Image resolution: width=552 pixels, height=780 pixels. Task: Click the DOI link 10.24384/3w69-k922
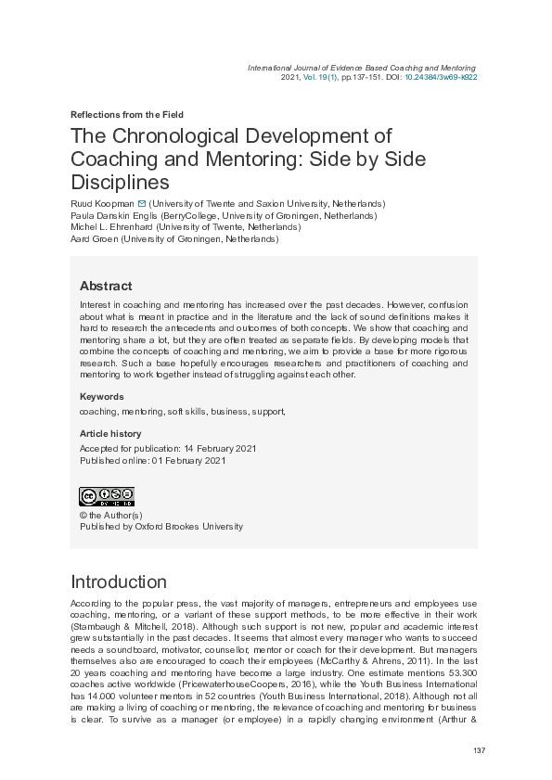tap(441, 78)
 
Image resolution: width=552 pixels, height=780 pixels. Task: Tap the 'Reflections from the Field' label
tap(128, 115)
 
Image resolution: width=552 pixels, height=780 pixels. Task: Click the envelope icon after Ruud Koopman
tap(141, 203)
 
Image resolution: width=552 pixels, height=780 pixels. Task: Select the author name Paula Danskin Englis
tap(114, 215)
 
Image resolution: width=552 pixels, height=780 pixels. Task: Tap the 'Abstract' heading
tap(106, 286)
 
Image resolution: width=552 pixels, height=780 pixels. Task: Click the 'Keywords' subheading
tap(102, 396)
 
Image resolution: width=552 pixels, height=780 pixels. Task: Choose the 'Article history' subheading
tap(110, 433)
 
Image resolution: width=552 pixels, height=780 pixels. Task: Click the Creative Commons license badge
tap(107, 496)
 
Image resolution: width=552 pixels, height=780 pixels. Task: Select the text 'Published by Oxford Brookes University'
tap(161, 526)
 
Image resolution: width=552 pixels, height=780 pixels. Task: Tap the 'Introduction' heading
tap(119, 582)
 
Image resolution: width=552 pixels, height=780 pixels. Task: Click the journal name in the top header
tap(362, 68)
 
